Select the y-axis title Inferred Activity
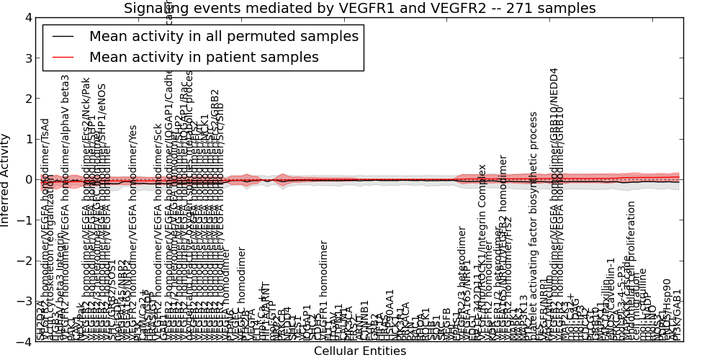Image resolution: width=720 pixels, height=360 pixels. [x=6, y=179]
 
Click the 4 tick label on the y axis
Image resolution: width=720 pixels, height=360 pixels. [x=28, y=17]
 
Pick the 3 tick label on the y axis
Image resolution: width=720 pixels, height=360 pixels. [x=28, y=58]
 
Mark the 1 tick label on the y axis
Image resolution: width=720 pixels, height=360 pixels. [x=28, y=139]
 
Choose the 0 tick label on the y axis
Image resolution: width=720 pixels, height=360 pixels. [x=28, y=179]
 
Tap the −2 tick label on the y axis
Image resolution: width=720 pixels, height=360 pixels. [x=25, y=261]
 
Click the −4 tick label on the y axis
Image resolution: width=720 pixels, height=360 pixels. [x=25, y=342]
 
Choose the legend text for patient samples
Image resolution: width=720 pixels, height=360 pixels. [x=204, y=57]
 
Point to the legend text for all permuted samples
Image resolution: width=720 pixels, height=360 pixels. [x=223, y=37]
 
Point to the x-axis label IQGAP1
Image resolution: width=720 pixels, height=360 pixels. [x=307, y=322]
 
